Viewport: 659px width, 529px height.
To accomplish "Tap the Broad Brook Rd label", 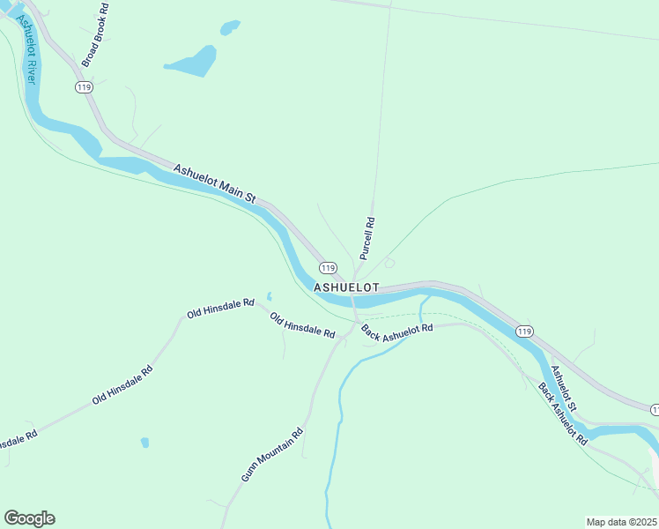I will pyautogui.click(x=94, y=34).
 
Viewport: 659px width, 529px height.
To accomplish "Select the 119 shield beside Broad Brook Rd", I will pyautogui.click(x=85, y=86).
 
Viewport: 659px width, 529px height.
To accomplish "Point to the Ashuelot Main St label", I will pyautogui.click(x=214, y=184).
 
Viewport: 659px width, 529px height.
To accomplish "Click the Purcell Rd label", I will pyautogui.click(x=368, y=238).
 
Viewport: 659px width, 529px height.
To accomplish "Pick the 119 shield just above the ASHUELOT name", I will pyautogui.click(x=328, y=268).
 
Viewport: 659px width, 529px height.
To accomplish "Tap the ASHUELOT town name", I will pyautogui.click(x=346, y=288).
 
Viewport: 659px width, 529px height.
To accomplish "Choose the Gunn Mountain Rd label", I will pyautogui.click(x=272, y=455).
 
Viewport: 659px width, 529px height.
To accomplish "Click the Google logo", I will pyautogui.click(x=29, y=518).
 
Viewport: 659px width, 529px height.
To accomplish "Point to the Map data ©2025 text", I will pyautogui.click(x=621, y=522).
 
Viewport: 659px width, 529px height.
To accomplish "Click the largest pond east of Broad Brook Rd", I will pyautogui.click(x=194, y=63).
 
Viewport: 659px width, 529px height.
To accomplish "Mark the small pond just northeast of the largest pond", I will pyautogui.click(x=230, y=28).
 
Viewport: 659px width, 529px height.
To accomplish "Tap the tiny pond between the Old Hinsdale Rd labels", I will pyautogui.click(x=270, y=296).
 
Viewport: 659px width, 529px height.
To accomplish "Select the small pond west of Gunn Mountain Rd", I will pyautogui.click(x=145, y=443).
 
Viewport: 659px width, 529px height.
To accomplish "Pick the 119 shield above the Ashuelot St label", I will pyautogui.click(x=524, y=332).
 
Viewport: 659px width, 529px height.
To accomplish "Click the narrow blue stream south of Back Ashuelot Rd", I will pyautogui.click(x=337, y=423).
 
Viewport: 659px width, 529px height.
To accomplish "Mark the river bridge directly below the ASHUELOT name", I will pyautogui.click(x=353, y=302).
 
